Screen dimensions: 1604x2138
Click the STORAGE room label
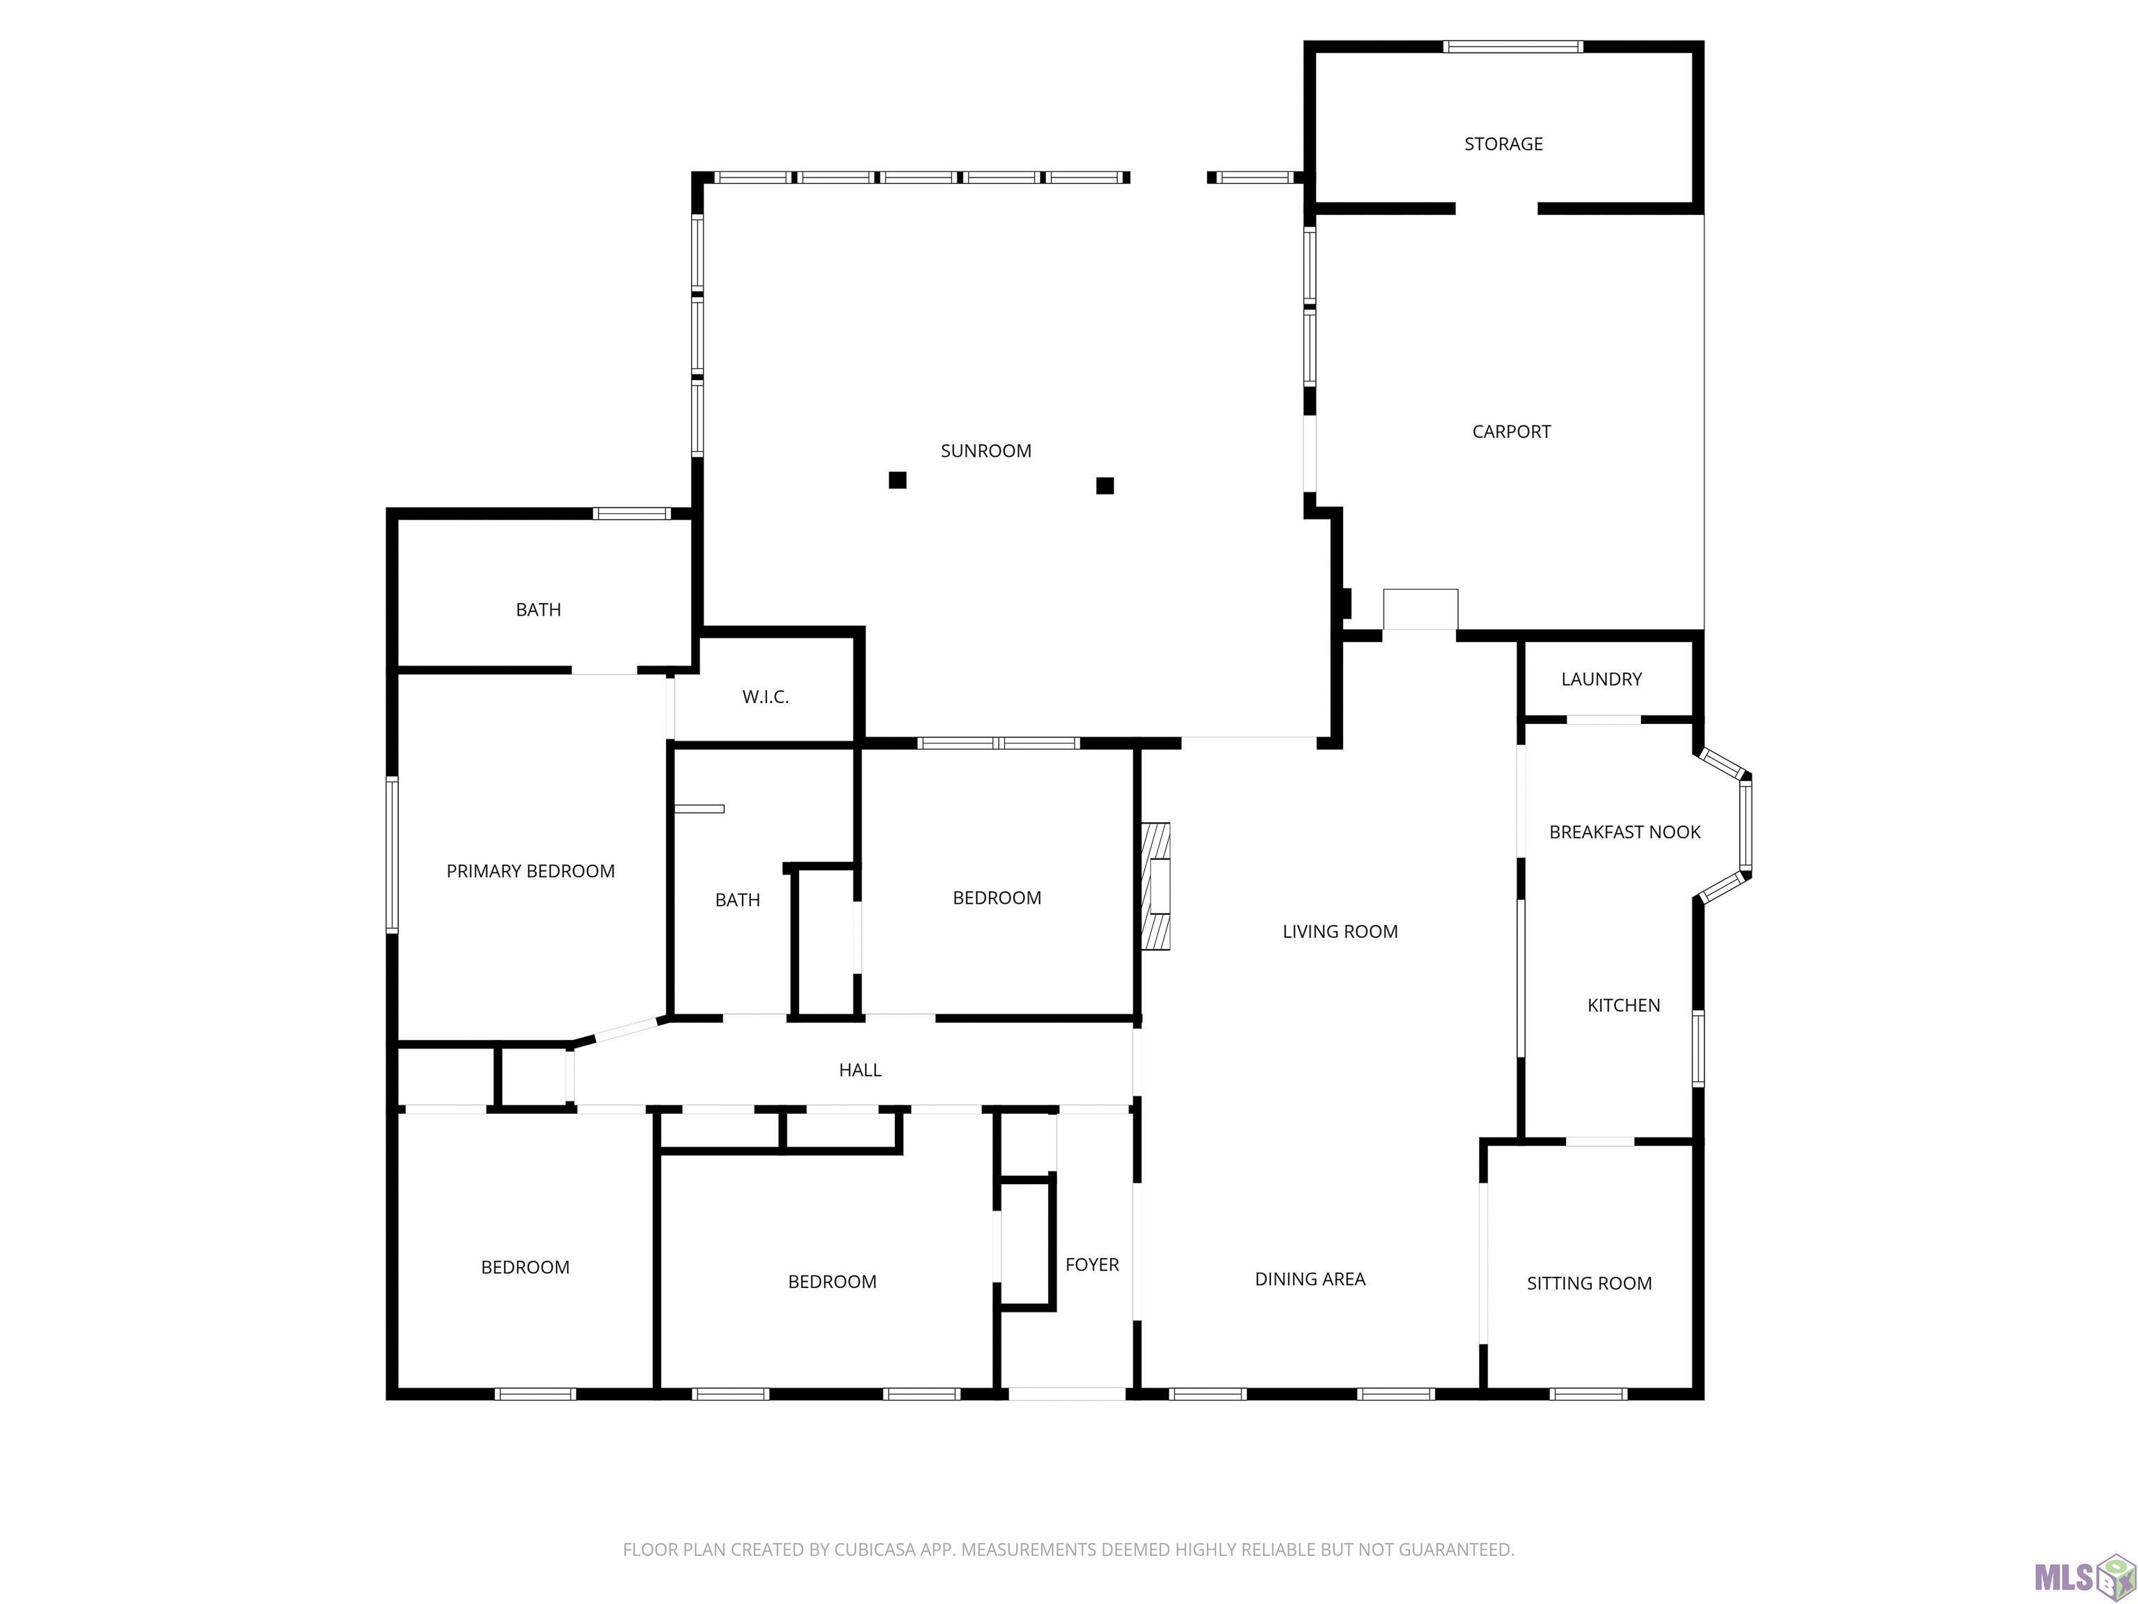point(1503,144)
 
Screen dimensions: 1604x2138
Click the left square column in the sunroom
point(898,480)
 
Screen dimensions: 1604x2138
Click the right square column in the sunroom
point(1104,485)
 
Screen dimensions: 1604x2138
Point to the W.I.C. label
point(766,697)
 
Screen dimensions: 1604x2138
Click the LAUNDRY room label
point(1601,679)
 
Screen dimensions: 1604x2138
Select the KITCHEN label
point(1623,1005)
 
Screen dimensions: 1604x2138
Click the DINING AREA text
point(1310,1279)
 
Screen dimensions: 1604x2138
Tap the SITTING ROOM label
point(1589,1284)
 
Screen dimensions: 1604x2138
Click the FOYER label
point(1091,1265)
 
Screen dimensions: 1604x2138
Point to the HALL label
point(860,1070)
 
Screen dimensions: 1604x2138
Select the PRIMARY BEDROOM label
point(530,871)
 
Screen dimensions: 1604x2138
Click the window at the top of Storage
point(1512,47)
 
